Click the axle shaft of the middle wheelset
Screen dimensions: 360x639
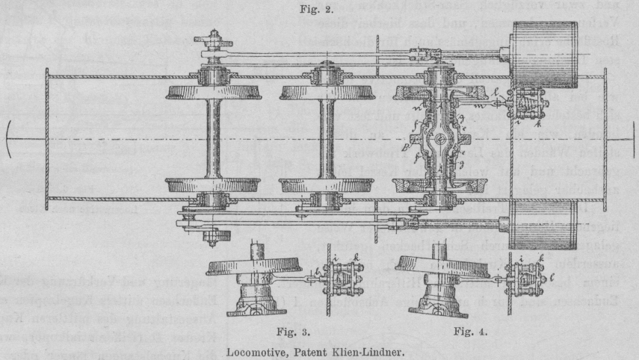coord(327,138)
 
